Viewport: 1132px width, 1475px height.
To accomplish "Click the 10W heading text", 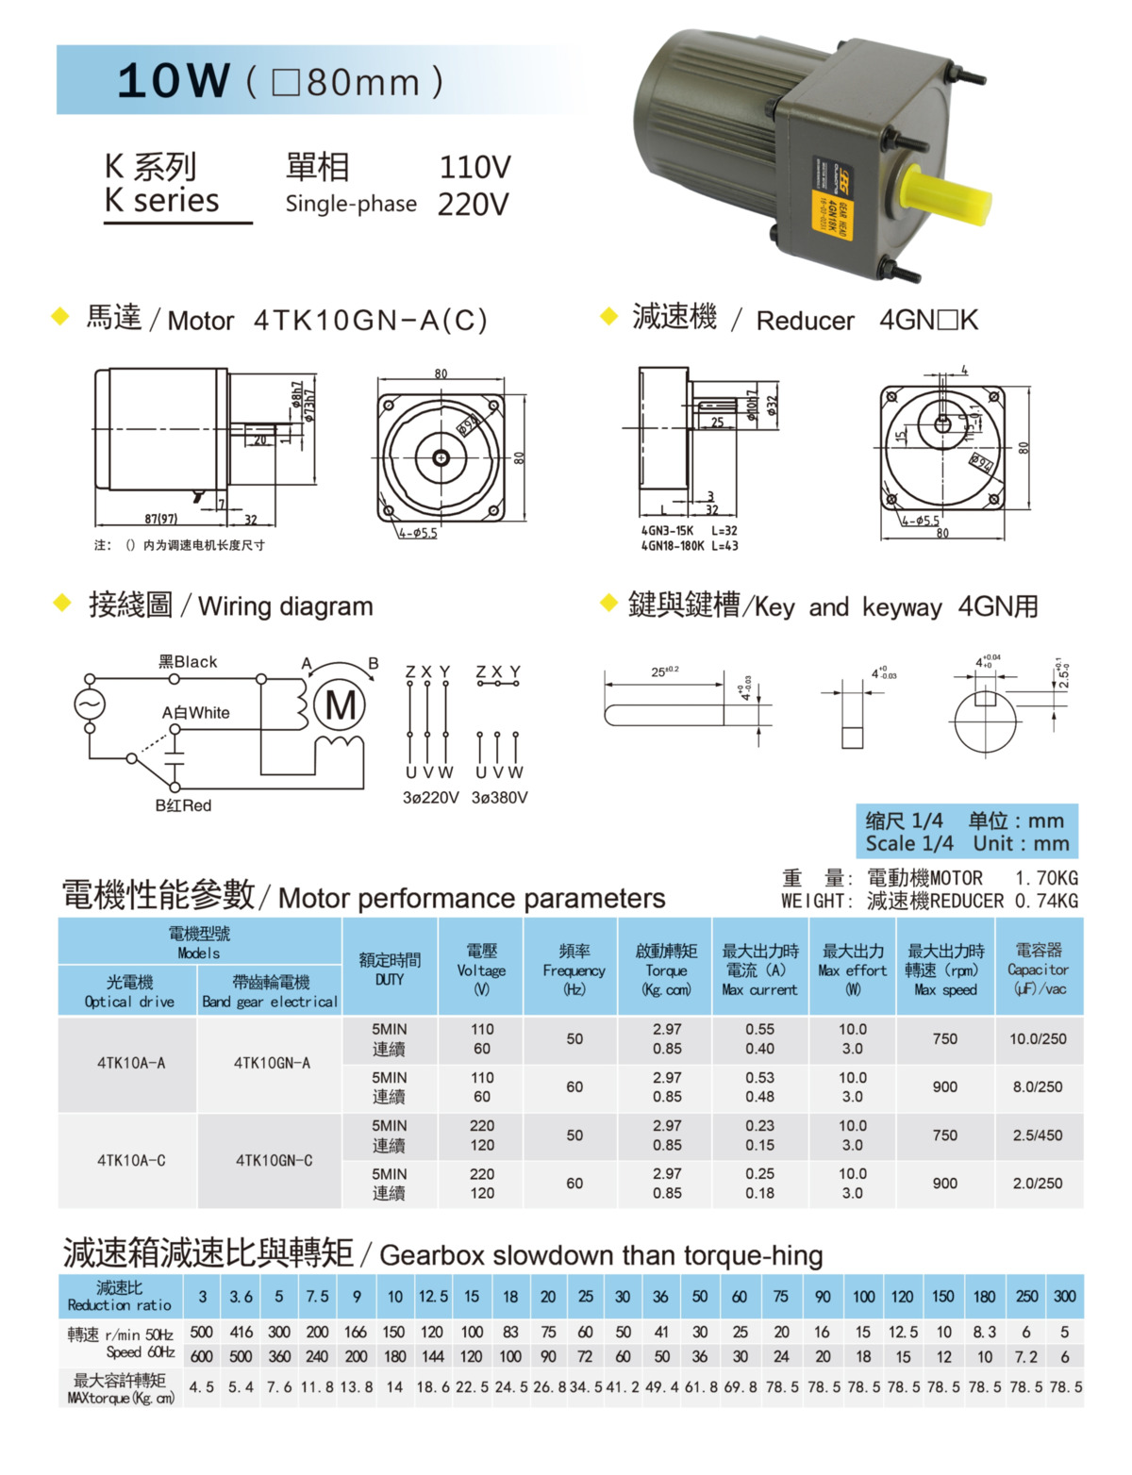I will (174, 81).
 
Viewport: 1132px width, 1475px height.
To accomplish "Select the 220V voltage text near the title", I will (473, 204).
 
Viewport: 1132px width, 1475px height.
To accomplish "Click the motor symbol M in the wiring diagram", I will (340, 704).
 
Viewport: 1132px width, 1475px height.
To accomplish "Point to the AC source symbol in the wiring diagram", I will (90, 704).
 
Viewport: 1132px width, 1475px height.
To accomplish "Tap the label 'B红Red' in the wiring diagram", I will (183, 805).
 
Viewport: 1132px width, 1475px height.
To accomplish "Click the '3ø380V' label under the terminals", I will (499, 798).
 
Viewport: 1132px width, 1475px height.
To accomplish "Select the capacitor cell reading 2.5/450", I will (1038, 1135).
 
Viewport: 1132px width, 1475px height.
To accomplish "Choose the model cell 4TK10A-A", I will (131, 1063).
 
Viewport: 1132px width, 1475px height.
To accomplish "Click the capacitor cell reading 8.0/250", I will (1038, 1086).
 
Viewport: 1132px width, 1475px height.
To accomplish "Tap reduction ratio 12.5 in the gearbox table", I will (433, 1297).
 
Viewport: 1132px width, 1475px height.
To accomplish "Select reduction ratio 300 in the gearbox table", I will (1065, 1297).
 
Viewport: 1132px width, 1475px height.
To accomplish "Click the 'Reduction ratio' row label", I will (120, 1297).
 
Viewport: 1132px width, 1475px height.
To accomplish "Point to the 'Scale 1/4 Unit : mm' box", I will (967, 832).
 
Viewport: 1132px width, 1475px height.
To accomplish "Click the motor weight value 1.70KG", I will (1046, 878).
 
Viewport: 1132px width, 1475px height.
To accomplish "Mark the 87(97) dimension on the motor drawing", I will (161, 519).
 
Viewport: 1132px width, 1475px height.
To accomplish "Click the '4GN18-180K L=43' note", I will (690, 546).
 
